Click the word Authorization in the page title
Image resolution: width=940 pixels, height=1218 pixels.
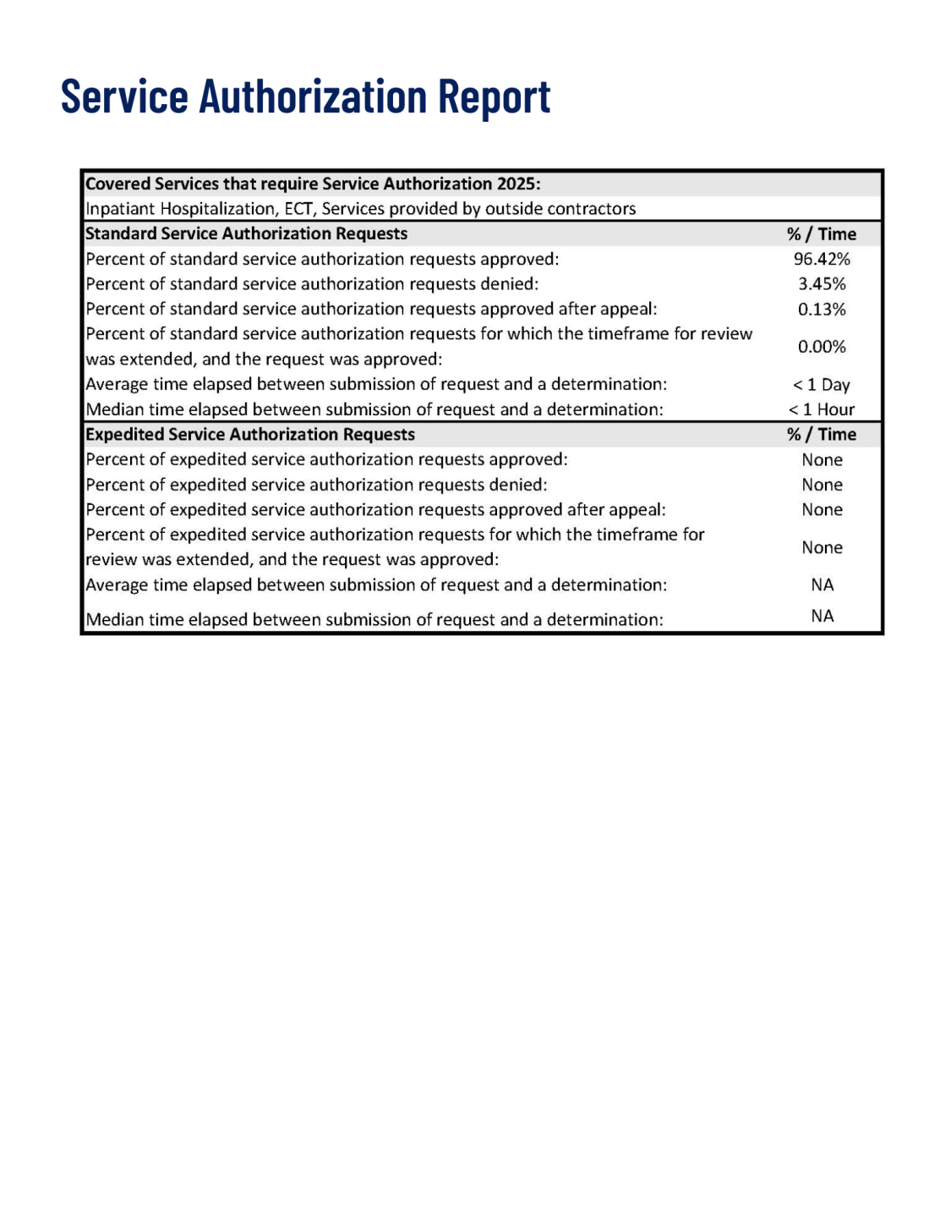point(313,96)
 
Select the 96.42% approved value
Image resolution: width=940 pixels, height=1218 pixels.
point(821,259)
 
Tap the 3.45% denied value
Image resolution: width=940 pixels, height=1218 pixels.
point(821,284)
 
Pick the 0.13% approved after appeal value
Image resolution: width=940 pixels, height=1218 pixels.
point(821,310)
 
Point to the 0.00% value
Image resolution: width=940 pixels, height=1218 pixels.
point(821,347)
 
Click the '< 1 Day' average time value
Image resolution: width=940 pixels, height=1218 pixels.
point(821,385)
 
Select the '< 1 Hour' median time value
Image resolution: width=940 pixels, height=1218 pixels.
point(821,409)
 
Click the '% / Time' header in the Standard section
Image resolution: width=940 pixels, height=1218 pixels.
point(821,234)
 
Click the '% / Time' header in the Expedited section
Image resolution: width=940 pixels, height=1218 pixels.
point(821,435)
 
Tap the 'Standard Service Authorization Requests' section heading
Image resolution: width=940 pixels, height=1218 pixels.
point(246,234)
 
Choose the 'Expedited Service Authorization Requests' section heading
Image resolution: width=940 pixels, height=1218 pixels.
point(250,435)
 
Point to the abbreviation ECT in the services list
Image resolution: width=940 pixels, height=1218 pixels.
point(298,209)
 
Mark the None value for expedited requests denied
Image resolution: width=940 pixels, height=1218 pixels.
point(822,485)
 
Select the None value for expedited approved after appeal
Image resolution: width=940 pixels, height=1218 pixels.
point(822,510)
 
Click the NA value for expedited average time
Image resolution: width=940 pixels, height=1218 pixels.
point(822,585)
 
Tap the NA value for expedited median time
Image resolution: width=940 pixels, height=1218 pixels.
point(822,617)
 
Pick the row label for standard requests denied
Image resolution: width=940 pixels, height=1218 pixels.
point(312,284)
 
